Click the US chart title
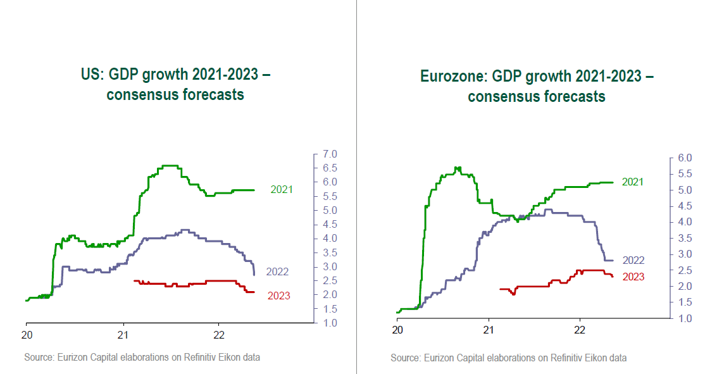click(176, 85)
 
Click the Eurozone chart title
click(537, 87)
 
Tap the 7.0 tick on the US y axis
click(330, 154)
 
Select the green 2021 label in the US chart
click(282, 189)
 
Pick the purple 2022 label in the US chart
click(277, 272)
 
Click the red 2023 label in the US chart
click(279, 296)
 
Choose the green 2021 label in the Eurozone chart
click(633, 182)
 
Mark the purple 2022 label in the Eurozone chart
click(633, 260)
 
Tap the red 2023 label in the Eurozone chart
click(633, 277)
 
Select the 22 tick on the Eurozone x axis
click(580, 330)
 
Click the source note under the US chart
click(142, 358)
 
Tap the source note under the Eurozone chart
click(508, 358)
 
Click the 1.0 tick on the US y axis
click(330, 323)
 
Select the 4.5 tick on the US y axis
click(330, 225)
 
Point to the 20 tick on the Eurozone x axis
click(397, 330)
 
